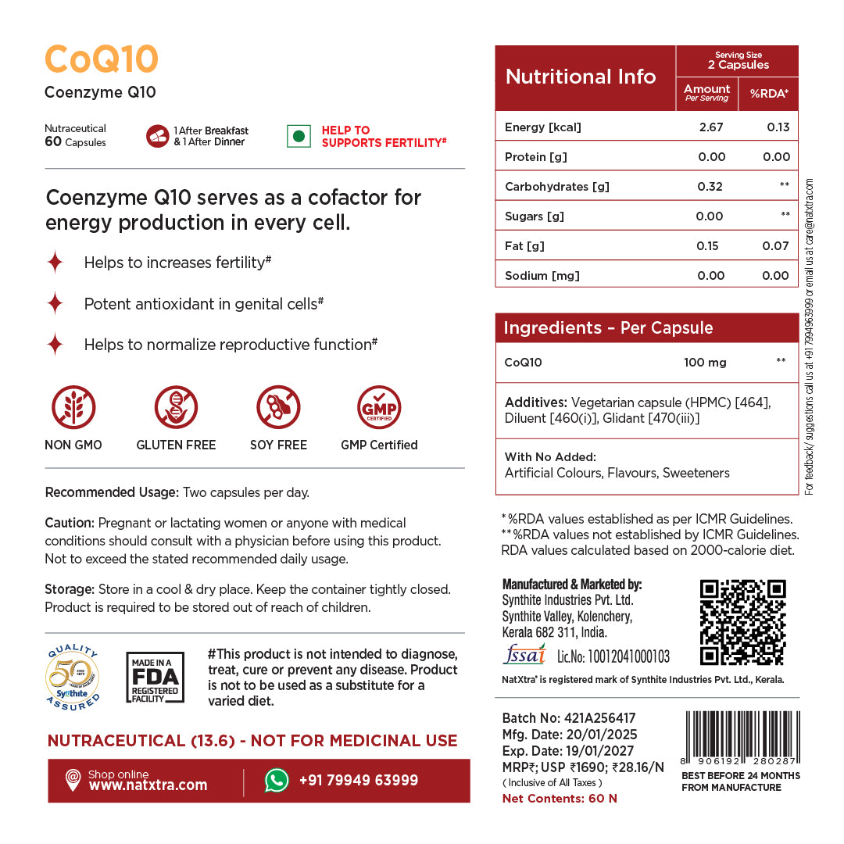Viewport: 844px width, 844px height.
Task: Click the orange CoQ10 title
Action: (102, 60)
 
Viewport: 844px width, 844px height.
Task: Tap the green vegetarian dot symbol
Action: (297, 136)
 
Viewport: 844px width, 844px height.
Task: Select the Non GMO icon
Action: (73, 408)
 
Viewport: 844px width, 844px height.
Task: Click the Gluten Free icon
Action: (176, 408)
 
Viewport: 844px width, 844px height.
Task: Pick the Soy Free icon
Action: (279, 408)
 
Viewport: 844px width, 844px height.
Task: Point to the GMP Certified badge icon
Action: (379, 408)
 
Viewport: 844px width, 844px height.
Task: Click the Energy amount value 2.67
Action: (710, 127)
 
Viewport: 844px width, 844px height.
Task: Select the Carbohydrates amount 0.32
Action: (710, 187)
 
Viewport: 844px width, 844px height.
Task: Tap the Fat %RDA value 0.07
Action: (776, 246)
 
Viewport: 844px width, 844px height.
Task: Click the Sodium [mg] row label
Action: (542, 276)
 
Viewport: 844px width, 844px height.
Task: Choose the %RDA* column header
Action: (769, 94)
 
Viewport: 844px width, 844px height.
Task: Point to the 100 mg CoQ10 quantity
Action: (705, 363)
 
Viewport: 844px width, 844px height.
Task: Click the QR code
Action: (742, 622)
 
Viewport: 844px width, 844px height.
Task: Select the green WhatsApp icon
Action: (277, 780)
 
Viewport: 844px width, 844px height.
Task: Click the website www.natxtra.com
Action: (148, 785)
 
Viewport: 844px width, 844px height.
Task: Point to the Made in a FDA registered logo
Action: (156, 678)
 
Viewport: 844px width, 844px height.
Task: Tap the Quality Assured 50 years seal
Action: (73, 678)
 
